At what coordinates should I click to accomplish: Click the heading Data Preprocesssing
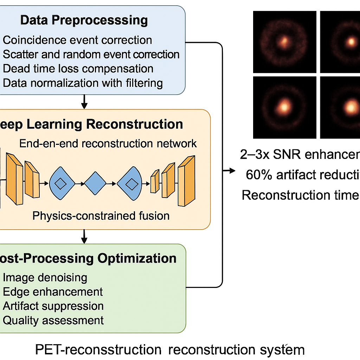[84, 20]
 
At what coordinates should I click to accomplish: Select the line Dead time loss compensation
[78, 69]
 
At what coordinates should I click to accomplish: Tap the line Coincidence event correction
[77, 40]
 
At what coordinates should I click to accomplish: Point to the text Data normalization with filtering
[83, 83]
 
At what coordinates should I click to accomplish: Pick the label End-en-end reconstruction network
[108, 143]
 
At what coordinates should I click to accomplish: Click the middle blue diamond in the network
[95, 183]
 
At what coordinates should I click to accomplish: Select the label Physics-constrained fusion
[101, 216]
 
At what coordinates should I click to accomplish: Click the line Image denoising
[45, 277]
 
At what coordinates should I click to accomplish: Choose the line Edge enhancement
[53, 292]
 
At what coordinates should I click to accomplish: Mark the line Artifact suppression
[53, 306]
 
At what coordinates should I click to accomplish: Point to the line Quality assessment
[53, 320]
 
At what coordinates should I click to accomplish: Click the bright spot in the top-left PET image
[284, 42]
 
